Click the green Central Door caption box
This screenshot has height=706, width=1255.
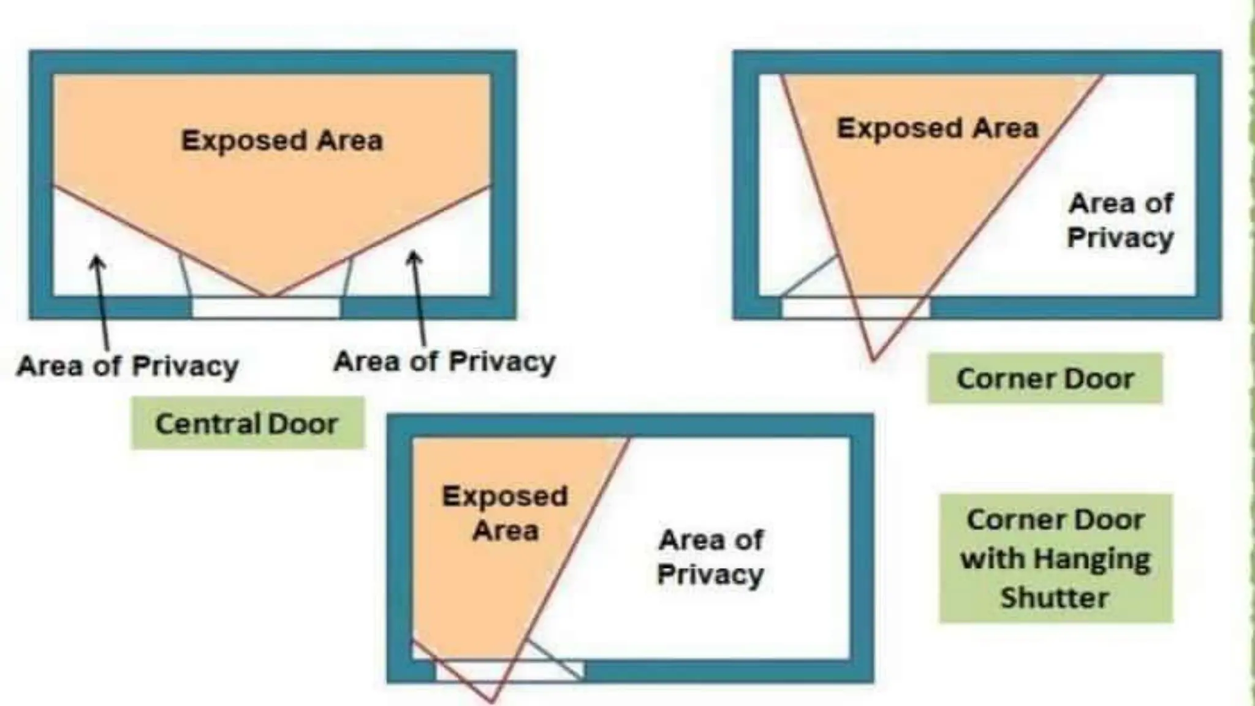(247, 423)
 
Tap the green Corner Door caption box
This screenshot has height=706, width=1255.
(1045, 378)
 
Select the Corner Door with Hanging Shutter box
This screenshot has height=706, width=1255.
(1055, 558)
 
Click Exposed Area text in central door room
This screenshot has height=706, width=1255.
(282, 140)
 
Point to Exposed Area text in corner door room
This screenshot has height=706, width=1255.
(938, 129)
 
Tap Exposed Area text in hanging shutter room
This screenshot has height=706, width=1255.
(505, 513)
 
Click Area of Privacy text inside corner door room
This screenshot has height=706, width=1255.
(1120, 220)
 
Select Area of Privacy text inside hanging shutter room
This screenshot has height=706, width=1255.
(710, 557)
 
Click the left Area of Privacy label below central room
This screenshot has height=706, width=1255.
(127, 366)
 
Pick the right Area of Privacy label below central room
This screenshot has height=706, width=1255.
(444, 361)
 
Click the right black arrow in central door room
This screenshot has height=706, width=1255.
(419, 297)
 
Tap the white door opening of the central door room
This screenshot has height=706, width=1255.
(266, 308)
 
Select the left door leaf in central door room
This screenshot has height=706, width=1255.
(185, 276)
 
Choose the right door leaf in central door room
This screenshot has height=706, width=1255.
(347, 277)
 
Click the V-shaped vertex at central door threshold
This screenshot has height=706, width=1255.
(268, 297)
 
